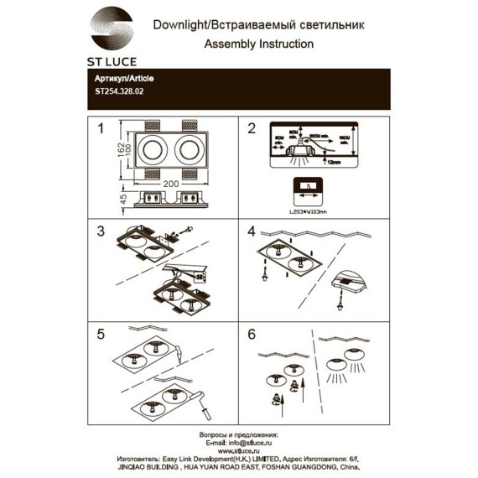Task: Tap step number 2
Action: click(x=250, y=128)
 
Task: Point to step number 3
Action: click(x=101, y=230)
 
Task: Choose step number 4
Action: click(x=250, y=230)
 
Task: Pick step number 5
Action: click(x=101, y=334)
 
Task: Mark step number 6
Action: click(x=250, y=334)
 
